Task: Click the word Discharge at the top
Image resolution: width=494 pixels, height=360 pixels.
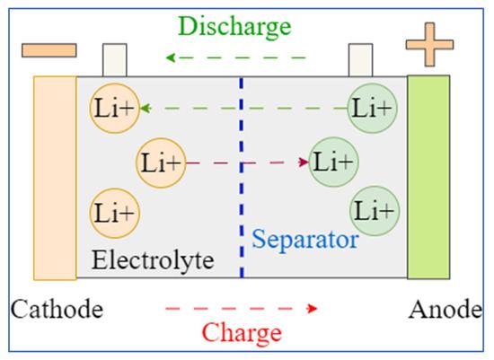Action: (234, 28)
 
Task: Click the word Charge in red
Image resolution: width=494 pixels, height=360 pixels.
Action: (242, 333)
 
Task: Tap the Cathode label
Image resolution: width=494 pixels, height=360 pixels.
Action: (57, 310)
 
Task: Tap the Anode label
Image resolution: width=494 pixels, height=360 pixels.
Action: (445, 310)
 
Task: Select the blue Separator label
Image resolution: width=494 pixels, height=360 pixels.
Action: (305, 240)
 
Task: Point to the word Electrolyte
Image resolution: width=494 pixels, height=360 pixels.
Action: (153, 260)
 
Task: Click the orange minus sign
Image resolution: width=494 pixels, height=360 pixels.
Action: (49, 50)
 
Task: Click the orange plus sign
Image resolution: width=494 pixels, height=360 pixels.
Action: (429, 44)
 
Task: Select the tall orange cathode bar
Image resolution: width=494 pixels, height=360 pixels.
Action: (55, 178)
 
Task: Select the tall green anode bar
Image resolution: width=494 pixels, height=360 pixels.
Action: (428, 177)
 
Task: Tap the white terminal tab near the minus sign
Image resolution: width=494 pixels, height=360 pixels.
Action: (115, 60)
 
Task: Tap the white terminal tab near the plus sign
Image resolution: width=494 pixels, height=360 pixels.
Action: (361, 60)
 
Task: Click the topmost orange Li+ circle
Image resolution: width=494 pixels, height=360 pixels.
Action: (115, 109)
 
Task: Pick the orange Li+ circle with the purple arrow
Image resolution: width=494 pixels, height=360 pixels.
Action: (161, 162)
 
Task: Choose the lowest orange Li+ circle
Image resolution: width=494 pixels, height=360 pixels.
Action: (115, 214)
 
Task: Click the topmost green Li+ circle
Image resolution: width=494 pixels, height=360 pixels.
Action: (373, 108)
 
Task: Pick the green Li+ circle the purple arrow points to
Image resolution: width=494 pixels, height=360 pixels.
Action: (333, 162)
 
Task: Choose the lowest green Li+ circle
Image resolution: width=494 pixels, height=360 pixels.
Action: (375, 211)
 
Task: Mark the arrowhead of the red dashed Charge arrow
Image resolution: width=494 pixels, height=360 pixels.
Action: (313, 308)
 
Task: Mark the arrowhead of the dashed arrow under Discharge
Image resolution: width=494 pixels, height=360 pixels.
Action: (171, 57)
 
